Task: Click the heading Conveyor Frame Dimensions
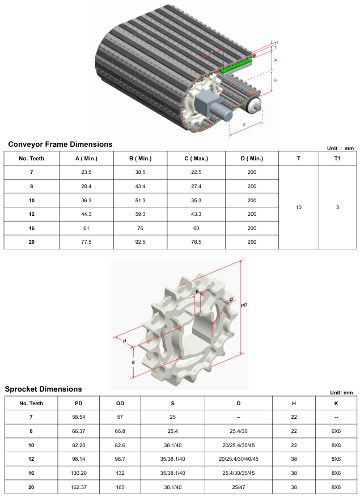coord(60,144)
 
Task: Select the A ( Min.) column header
coord(87,158)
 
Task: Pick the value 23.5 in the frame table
coord(87,172)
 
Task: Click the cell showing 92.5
coord(142,241)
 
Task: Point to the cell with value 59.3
coord(142,214)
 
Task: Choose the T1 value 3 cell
coord(337,207)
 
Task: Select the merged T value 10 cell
coord(299,207)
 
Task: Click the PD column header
coord(79,403)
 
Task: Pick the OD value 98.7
coord(120,458)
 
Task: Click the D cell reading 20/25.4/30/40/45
coord(239,458)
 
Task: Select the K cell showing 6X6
coord(336,431)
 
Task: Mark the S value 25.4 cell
coord(173,431)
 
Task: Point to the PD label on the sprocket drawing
coord(244,305)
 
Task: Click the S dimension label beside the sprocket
coord(133,362)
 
